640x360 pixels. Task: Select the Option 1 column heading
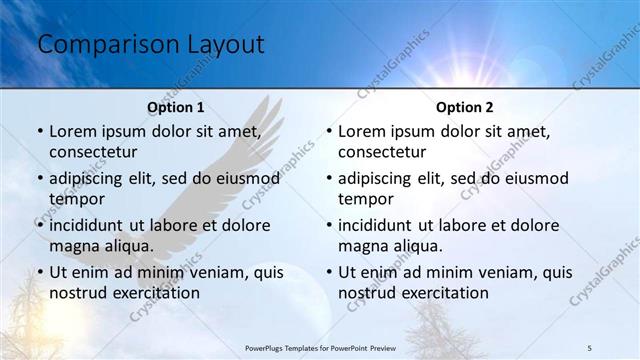pos(176,107)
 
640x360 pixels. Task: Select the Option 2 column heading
pos(465,107)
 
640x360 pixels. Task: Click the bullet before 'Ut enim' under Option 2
pos(329,272)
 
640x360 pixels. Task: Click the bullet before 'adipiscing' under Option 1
pos(40,178)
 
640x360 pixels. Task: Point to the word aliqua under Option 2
pos(410,246)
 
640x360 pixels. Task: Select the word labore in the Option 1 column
pos(172,225)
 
